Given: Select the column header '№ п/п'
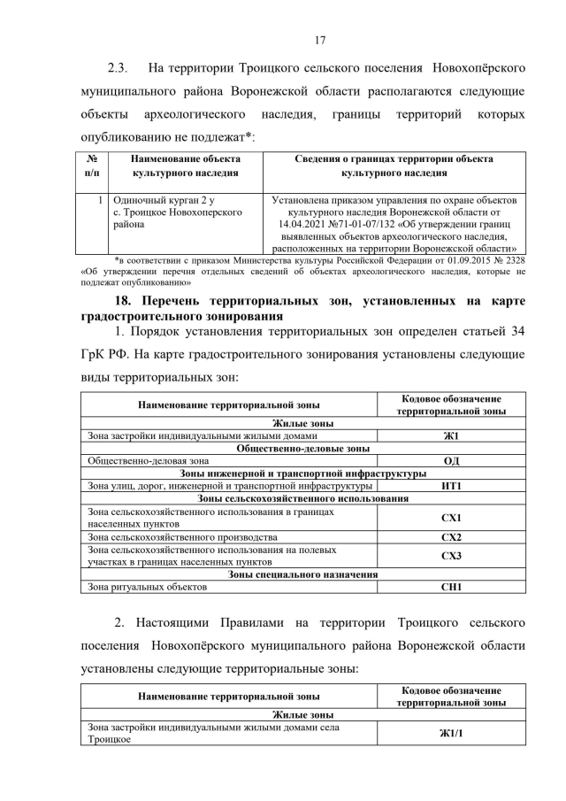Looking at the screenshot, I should tap(92, 166).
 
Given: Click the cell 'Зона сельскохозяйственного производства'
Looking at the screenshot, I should tap(182, 537).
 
